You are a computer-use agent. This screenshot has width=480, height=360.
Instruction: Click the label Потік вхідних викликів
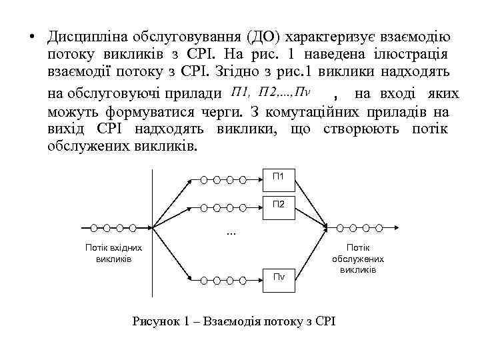(113, 252)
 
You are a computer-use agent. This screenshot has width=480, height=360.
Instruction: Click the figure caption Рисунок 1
(234, 321)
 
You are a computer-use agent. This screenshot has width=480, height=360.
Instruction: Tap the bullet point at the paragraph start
(31, 37)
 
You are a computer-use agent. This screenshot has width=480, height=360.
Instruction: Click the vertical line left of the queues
(153, 233)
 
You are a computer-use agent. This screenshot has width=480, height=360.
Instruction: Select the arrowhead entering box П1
(263, 179)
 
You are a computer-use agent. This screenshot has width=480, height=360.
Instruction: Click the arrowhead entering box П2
(263, 205)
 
